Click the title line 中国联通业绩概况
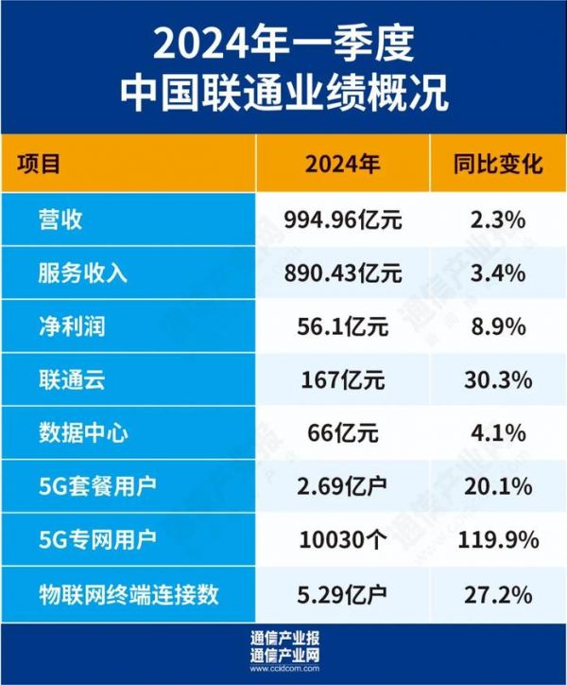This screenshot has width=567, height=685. coord(283,95)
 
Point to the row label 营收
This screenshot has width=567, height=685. coord(62,220)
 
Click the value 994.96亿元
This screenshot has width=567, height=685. coord(343,220)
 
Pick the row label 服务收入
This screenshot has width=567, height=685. coord(83,274)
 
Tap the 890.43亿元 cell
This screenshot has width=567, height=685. coord(343,274)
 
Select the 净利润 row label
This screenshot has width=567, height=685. coord(73,327)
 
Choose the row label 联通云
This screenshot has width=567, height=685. coord(73,380)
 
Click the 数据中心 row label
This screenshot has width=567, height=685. coord(83,434)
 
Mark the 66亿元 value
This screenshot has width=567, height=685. coord(343,434)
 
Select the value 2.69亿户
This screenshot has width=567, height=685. coord(343,487)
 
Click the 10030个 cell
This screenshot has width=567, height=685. coord(343,541)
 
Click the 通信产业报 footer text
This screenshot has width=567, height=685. coord(283,638)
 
